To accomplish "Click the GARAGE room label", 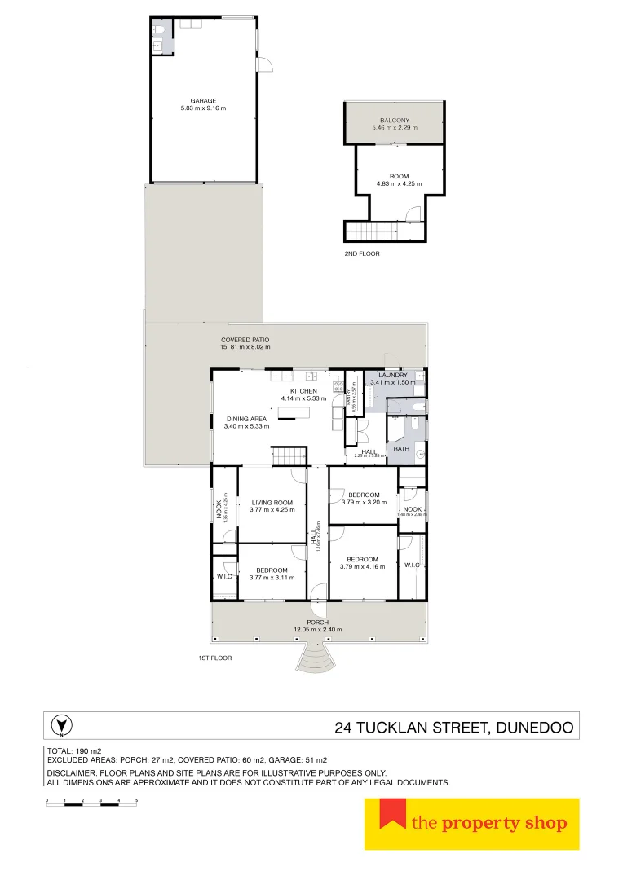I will pyautogui.click(x=203, y=101).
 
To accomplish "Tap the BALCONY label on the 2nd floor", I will pyautogui.click(x=394, y=120).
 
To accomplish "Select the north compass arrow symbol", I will pyautogui.click(x=59, y=725).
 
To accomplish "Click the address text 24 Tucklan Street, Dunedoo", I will pyautogui.click(x=454, y=727).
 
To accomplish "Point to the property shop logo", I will pyautogui.click(x=471, y=824).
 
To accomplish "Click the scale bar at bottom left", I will pyautogui.click(x=91, y=804).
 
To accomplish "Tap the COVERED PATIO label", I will pyautogui.click(x=245, y=340).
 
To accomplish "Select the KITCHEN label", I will pyautogui.click(x=303, y=391).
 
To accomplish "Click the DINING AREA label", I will pyautogui.click(x=246, y=419).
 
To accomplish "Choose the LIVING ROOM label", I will pyautogui.click(x=272, y=503).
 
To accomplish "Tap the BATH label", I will pyautogui.click(x=401, y=449).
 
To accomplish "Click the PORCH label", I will pyautogui.click(x=318, y=623).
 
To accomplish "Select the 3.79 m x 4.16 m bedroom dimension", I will pyautogui.click(x=363, y=566).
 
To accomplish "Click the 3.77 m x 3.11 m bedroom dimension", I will pyautogui.click(x=272, y=577).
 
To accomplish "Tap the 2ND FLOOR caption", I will pyautogui.click(x=362, y=253).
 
